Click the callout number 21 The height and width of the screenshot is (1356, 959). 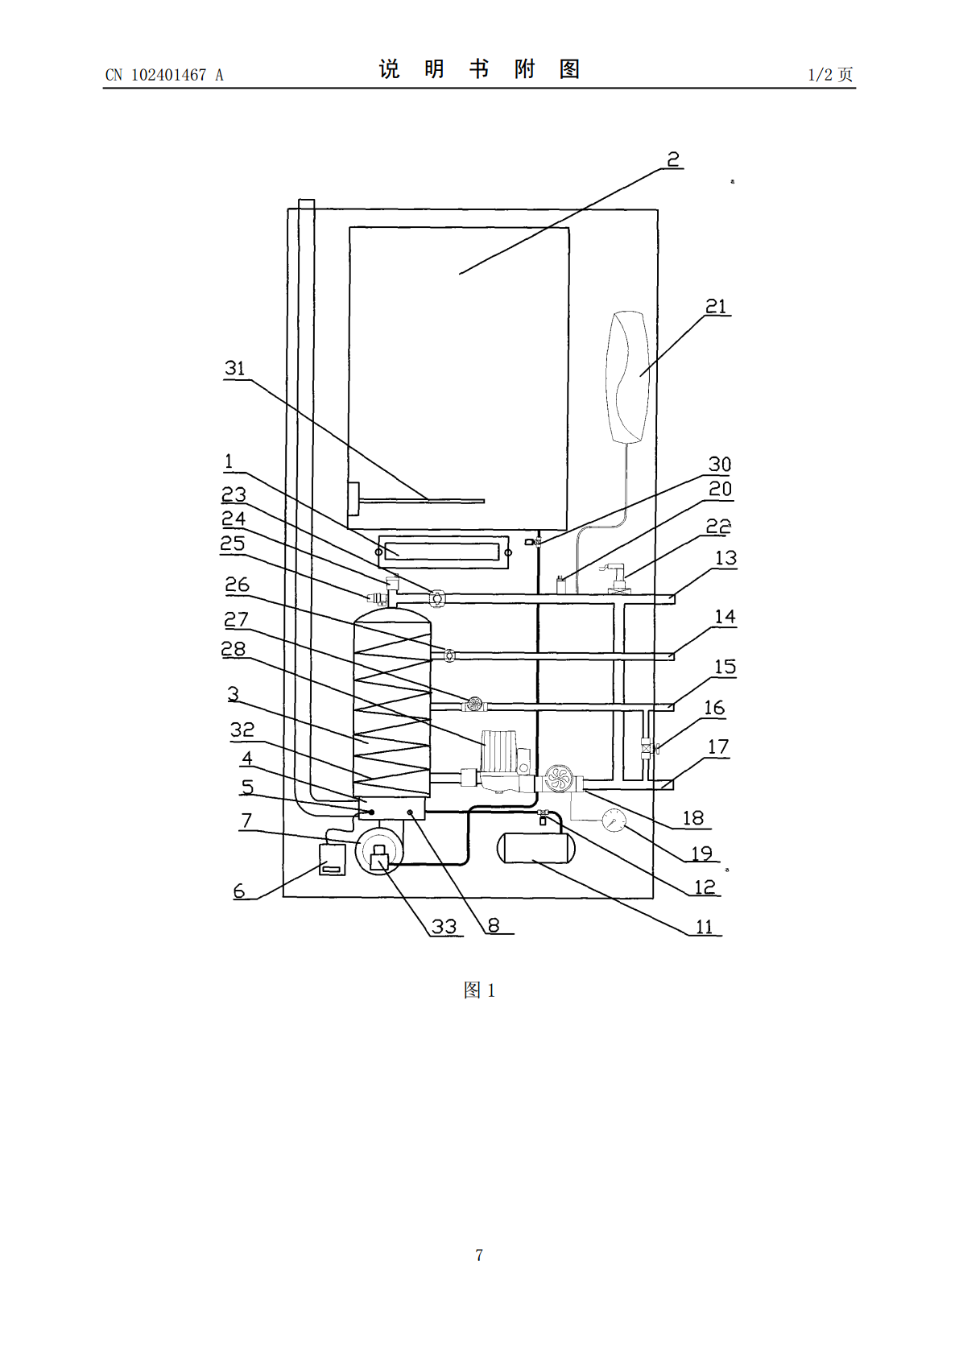coord(716,306)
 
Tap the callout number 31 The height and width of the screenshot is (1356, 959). coord(235,368)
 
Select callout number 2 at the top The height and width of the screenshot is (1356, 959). coord(674,159)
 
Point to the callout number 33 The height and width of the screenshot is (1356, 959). coord(444,927)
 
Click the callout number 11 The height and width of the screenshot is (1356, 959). coord(704,927)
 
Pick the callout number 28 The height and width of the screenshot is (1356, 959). coord(234,649)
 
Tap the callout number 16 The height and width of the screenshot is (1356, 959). coord(714,708)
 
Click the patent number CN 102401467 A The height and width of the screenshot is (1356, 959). coord(164,75)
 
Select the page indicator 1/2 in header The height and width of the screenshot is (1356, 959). coord(821,74)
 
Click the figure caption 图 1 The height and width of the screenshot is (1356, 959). coord(479,990)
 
